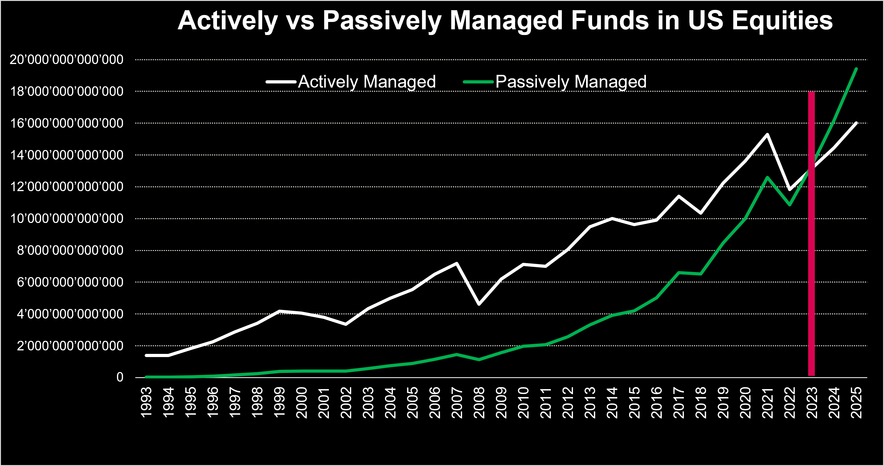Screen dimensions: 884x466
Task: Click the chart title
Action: pos(505,21)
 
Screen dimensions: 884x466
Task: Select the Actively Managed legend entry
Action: pos(351,82)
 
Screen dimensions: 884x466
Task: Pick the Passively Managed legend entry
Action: pos(554,82)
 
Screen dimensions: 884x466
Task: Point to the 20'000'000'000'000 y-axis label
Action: pos(67,60)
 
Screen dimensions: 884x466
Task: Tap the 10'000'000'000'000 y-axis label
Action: pos(67,219)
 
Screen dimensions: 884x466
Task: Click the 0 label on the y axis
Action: pos(120,377)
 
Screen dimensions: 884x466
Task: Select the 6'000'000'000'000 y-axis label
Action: pos(70,282)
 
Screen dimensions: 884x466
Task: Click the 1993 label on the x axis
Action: pos(147,402)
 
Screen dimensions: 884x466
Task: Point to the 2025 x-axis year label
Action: pos(857,402)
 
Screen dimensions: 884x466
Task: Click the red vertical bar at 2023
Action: pos(812,233)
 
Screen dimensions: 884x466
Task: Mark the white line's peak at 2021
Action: pos(767,134)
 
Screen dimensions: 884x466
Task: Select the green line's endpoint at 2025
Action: pos(857,68)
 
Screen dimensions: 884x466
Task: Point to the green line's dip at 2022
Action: pos(790,205)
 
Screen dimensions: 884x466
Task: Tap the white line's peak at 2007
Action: pos(457,263)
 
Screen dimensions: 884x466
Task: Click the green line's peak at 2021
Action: pos(767,177)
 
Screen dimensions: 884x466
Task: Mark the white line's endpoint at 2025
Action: pos(857,123)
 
